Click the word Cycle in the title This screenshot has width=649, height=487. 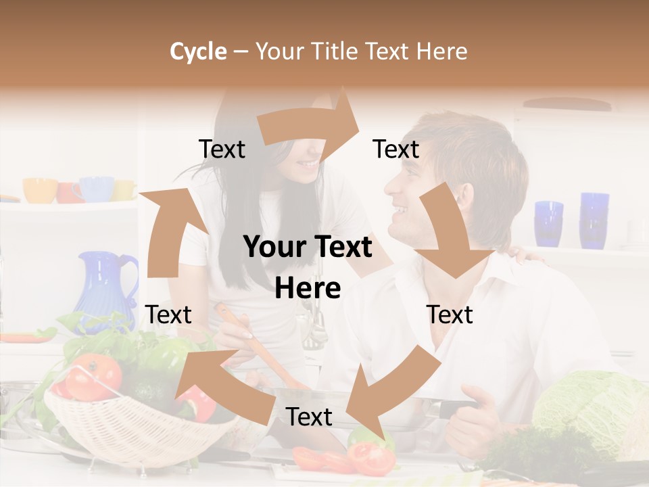click(x=198, y=51)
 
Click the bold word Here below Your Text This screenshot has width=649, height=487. click(x=308, y=289)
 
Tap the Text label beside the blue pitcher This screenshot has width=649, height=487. click(x=168, y=315)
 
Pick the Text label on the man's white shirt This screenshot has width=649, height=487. click(x=450, y=315)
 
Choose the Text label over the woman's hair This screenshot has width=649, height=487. click(x=222, y=149)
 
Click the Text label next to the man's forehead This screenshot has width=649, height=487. click(x=395, y=149)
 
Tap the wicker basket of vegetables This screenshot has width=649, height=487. click(x=128, y=419)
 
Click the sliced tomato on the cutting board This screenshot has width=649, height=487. click(x=372, y=458)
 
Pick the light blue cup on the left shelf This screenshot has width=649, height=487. click(x=97, y=189)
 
